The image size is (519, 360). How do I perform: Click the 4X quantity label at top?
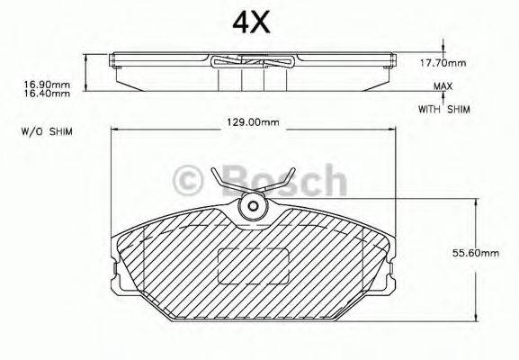252,22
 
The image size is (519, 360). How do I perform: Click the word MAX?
442,86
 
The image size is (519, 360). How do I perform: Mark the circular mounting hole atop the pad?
253,207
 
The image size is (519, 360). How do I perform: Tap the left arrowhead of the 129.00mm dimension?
115,131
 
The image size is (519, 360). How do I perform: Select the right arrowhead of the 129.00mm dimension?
391,131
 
